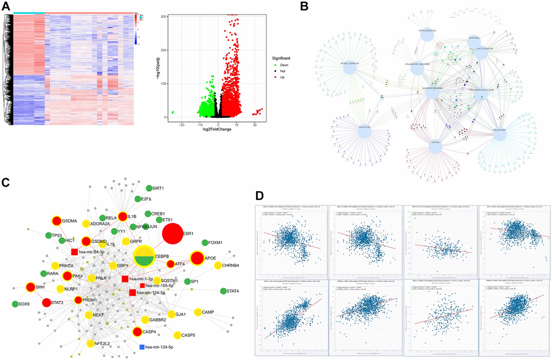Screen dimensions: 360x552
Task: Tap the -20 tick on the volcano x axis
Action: click(x=182, y=125)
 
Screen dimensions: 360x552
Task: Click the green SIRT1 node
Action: click(x=149, y=188)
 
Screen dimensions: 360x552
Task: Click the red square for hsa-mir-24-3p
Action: click(x=75, y=252)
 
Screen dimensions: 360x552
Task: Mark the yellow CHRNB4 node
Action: click(x=218, y=265)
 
